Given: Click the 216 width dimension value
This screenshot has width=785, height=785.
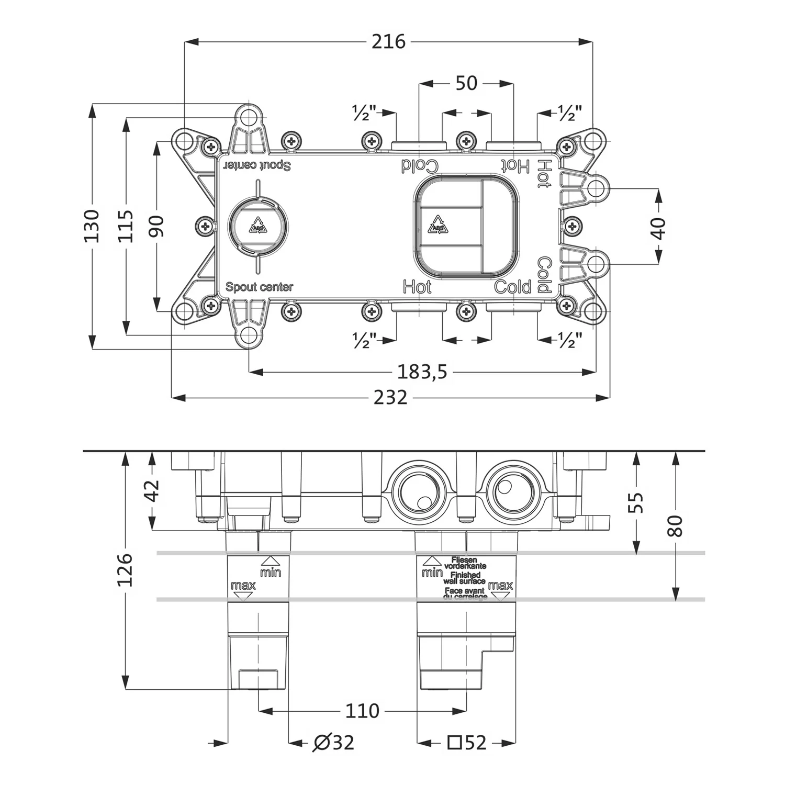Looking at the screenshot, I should coord(388,41).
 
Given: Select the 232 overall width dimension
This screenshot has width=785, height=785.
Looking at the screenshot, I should coord(390,398).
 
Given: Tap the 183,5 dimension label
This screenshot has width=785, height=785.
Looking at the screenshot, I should coord(422,372).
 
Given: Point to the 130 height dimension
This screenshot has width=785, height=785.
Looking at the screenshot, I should coord(92,226).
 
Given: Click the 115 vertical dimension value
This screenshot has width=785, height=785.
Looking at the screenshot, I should coord(126,226).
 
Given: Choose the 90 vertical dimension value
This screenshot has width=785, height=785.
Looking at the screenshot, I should coord(156,226).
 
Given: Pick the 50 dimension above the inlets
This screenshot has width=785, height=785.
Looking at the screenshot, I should coord(466,83).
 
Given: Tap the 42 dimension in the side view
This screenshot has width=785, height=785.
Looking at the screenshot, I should coord(152,491).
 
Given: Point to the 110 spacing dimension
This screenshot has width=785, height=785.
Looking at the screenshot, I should coord(362,711).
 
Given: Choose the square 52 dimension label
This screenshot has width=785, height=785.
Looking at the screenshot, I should coord(467,742).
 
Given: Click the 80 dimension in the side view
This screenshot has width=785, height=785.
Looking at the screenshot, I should coord(676,525).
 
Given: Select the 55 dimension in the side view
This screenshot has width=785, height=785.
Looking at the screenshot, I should coord(636,502).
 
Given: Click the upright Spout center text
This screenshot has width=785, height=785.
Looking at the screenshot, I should coord(259,287).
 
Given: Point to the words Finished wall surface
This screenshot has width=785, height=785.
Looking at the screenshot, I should coord(464,578).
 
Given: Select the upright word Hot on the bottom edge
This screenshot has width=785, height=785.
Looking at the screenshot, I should coord(417,287).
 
